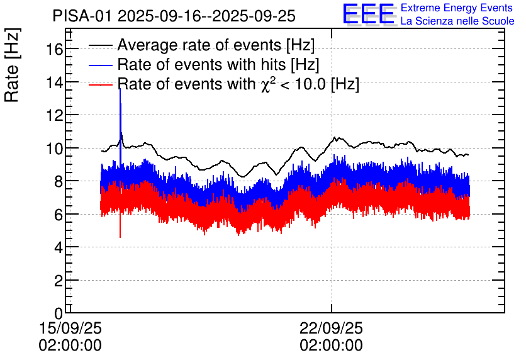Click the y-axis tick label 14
53,82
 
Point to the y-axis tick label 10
53,149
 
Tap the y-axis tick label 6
58,215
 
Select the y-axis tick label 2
58,281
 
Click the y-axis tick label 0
58,313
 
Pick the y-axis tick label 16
53,49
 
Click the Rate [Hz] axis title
13,69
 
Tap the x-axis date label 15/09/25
70,329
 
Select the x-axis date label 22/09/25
331,329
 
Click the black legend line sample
101,46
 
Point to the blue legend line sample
101,65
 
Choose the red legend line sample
101,84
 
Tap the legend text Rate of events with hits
201,65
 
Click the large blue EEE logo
369,14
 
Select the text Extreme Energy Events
457,8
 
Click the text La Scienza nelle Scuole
457,21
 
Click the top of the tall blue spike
120,89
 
